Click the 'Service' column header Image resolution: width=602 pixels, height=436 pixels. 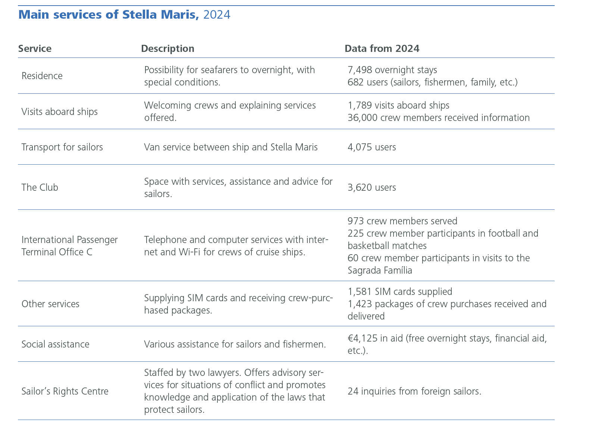(x=35, y=49)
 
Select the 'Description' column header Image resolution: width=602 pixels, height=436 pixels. (x=167, y=49)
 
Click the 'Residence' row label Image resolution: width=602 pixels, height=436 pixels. (x=42, y=76)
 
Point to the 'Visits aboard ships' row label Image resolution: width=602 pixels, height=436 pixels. (x=59, y=112)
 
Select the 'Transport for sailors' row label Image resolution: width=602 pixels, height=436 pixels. (x=62, y=147)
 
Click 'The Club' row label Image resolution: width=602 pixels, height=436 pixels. (x=40, y=187)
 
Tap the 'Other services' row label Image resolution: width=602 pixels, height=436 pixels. (x=50, y=304)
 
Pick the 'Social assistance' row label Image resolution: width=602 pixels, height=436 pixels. (x=55, y=344)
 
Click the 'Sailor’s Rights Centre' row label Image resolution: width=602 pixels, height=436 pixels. (x=65, y=391)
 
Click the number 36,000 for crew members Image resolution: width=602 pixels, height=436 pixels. (x=362, y=118)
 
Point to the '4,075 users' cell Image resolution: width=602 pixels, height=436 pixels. (x=371, y=147)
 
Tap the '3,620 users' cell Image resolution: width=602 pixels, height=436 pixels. (x=371, y=187)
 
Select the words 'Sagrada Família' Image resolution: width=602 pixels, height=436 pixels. (x=380, y=270)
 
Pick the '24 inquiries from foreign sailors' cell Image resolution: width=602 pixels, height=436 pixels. (x=414, y=391)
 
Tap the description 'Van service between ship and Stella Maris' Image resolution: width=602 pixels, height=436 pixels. (x=231, y=147)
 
